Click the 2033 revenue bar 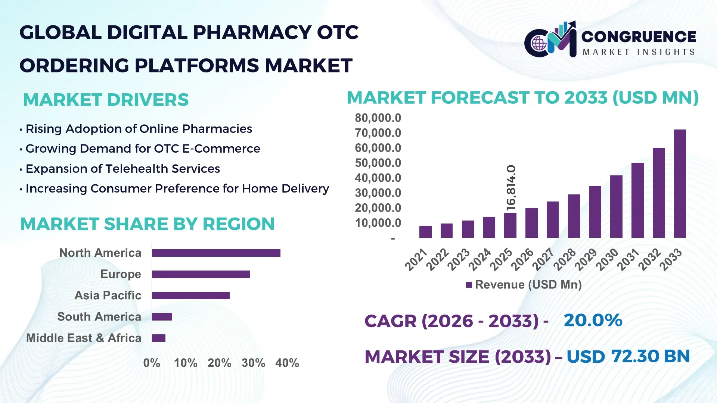tap(680, 184)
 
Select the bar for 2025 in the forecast tap(510, 225)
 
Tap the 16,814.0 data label tap(511, 188)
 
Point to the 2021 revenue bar tap(425, 232)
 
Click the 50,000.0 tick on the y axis tap(378, 163)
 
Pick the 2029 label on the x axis tap(586, 260)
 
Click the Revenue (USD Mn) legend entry tap(524, 285)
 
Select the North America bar tap(216, 253)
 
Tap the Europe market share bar tap(201, 274)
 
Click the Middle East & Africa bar tap(158, 338)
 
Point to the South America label tap(99, 317)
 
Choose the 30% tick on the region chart tap(253, 363)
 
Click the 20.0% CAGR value tap(593, 320)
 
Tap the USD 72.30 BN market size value tap(628, 356)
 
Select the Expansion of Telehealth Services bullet tap(122, 169)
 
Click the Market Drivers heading tap(106, 100)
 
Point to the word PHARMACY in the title tap(252, 32)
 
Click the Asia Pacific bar tap(190, 296)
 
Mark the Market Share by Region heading tap(147, 224)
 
